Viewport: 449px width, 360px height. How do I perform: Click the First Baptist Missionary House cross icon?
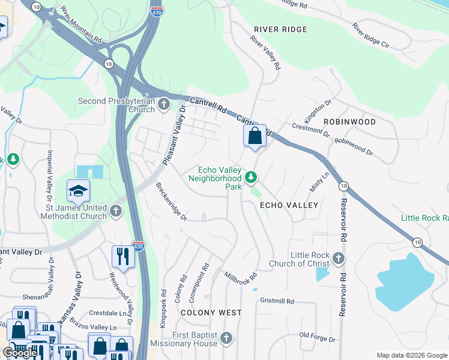pos(226,339)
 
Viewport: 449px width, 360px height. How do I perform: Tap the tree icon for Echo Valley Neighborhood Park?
pos(251,178)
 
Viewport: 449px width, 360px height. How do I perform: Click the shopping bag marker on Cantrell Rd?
pos(255,136)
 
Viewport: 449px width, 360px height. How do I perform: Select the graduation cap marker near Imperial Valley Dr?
pos(78,191)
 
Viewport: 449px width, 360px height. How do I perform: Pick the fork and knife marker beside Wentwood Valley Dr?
pos(123,257)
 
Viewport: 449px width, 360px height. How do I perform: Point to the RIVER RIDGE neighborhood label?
pos(280,29)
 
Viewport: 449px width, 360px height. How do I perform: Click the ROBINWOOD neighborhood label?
pos(349,122)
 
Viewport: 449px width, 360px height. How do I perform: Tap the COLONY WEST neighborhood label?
pos(211,313)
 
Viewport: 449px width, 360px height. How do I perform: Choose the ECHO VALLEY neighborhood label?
pos(288,205)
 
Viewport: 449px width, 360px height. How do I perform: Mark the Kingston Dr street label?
pos(318,112)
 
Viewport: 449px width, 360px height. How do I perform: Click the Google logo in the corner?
pos(20,353)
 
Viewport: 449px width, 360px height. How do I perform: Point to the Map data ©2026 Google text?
pos(411,355)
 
